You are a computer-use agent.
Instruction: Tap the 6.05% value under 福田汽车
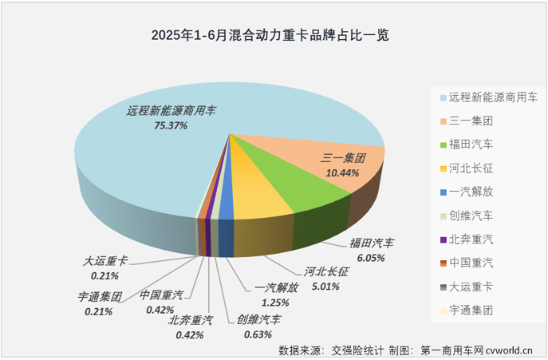371,257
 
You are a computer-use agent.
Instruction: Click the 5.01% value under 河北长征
326,284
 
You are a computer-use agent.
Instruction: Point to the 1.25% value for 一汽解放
275,302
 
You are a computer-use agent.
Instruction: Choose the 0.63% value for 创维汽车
258,334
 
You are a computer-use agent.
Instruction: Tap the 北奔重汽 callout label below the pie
191,320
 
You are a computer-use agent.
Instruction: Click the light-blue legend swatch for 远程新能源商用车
443,98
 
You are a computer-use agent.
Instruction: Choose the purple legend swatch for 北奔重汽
443,239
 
